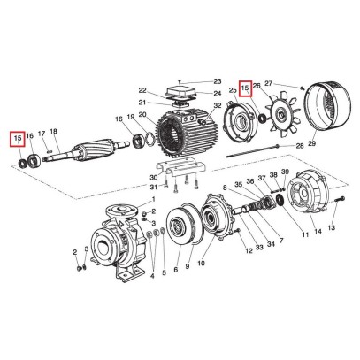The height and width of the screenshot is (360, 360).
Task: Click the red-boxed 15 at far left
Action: [17, 137]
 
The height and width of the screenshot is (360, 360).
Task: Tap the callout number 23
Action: [215, 81]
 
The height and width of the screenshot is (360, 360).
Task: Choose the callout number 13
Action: [333, 227]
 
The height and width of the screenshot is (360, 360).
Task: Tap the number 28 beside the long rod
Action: [300, 143]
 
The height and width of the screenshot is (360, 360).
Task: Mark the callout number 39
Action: [285, 175]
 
